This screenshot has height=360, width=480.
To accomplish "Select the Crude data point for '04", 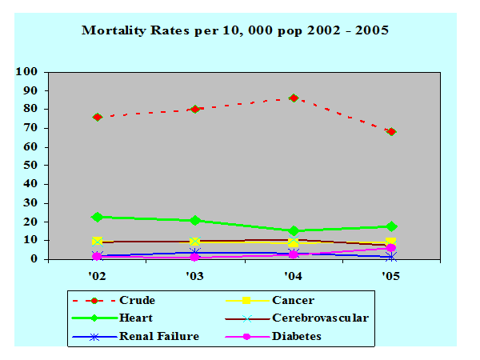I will [294, 98].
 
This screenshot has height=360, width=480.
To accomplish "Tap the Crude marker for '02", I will [98, 117].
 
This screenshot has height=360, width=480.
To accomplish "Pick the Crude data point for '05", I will [391, 131].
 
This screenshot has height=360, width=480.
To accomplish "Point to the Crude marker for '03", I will [195, 109].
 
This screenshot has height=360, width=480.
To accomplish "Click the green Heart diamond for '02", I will [98, 217].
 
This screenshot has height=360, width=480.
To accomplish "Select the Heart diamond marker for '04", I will [294, 230].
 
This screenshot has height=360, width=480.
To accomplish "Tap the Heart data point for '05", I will [391, 226].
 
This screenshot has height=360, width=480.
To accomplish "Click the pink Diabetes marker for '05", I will [391, 248].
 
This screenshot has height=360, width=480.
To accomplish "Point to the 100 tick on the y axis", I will [27, 71].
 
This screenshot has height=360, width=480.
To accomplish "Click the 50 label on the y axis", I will [30, 165].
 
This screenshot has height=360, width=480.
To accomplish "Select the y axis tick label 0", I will [34, 259].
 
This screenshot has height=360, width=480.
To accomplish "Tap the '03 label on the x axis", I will [195, 276].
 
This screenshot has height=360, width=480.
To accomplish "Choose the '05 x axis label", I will [391, 276].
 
